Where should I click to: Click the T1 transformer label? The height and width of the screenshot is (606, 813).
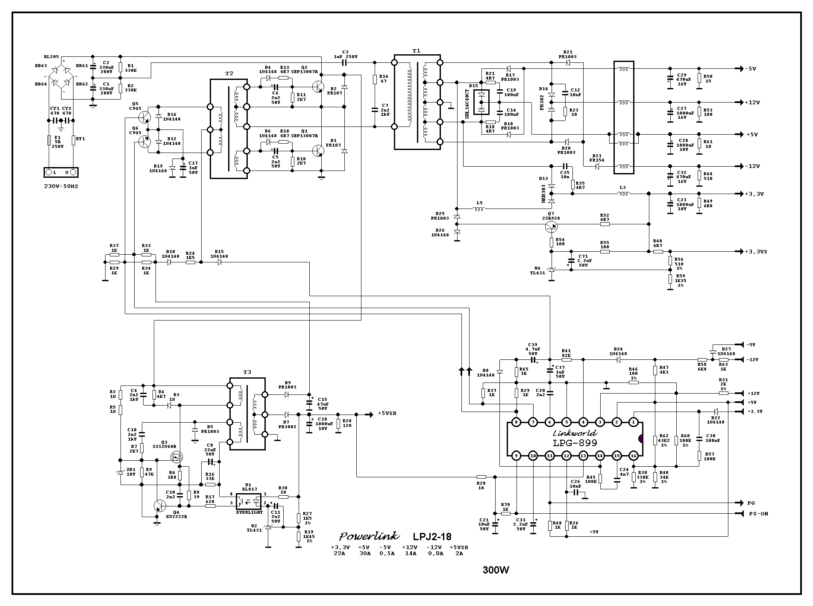[416, 50]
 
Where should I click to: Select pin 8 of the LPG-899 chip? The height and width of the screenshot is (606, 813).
[517, 422]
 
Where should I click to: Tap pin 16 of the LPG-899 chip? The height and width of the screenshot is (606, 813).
[633, 456]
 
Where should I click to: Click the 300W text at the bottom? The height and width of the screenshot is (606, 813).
[496, 570]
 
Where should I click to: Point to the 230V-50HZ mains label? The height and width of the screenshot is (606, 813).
[61, 186]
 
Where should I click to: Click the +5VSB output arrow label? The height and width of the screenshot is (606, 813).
[387, 414]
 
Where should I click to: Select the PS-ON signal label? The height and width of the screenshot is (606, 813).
[758, 514]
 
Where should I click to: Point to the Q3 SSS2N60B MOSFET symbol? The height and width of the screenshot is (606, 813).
[176, 458]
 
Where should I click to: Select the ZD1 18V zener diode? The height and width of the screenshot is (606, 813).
[120, 472]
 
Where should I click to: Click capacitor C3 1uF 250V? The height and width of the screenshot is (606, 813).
[345, 62]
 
